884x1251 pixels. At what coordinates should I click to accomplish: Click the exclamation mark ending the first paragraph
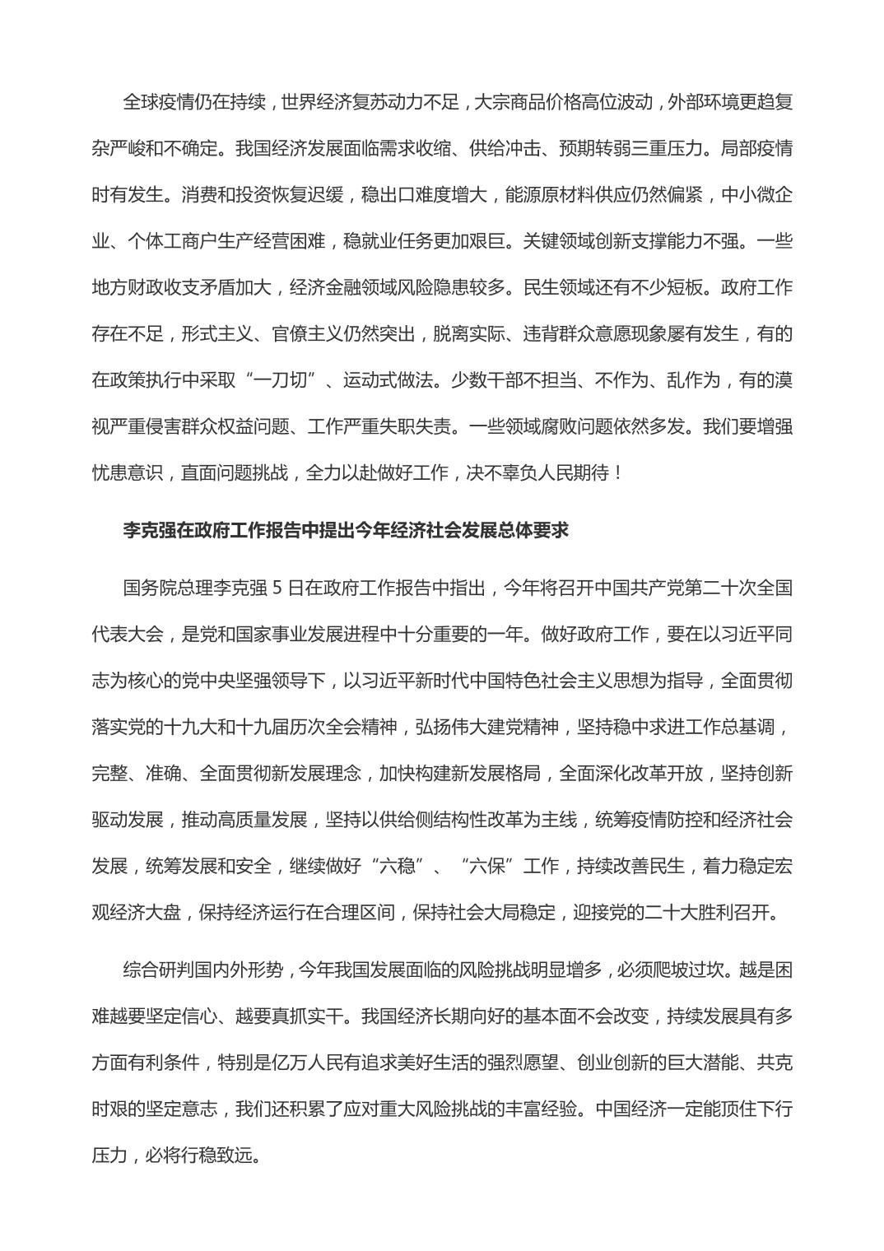click(x=618, y=472)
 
